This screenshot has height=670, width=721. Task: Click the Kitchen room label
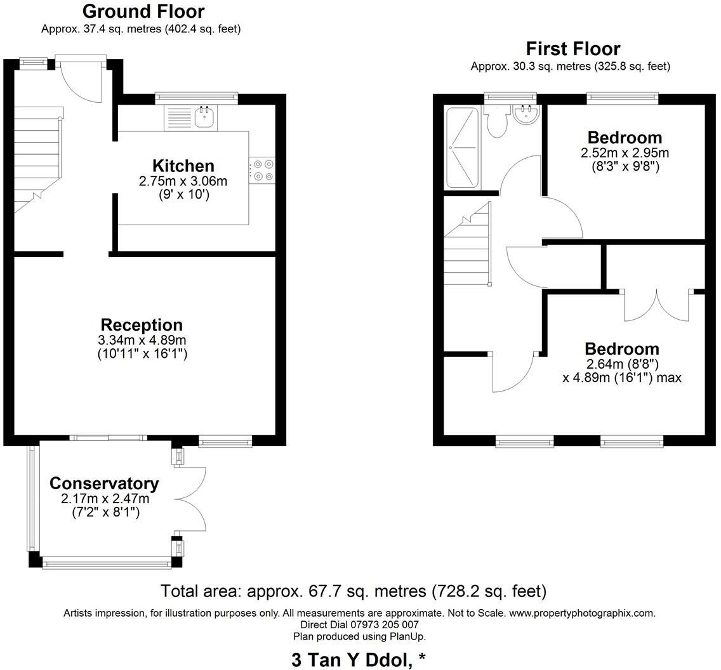[x=183, y=166]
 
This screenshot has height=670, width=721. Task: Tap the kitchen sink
[x=204, y=117]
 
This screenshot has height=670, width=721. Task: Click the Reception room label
[x=142, y=325]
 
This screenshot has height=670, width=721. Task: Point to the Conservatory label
[x=104, y=483]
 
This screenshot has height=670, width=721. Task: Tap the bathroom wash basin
[x=526, y=116]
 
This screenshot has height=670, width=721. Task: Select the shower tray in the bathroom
[x=460, y=148]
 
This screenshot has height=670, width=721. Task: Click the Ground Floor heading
[x=143, y=11]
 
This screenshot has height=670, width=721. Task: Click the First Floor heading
[x=572, y=49]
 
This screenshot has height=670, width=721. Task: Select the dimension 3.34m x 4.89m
[x=142, y=340]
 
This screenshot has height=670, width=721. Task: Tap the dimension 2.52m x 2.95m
[x=625, y=153]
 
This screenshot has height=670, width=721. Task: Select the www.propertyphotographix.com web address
[x=582, y=613]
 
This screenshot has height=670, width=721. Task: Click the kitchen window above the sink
[x=196, y=98]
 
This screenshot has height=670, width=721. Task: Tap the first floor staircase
[x=468, y=247]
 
